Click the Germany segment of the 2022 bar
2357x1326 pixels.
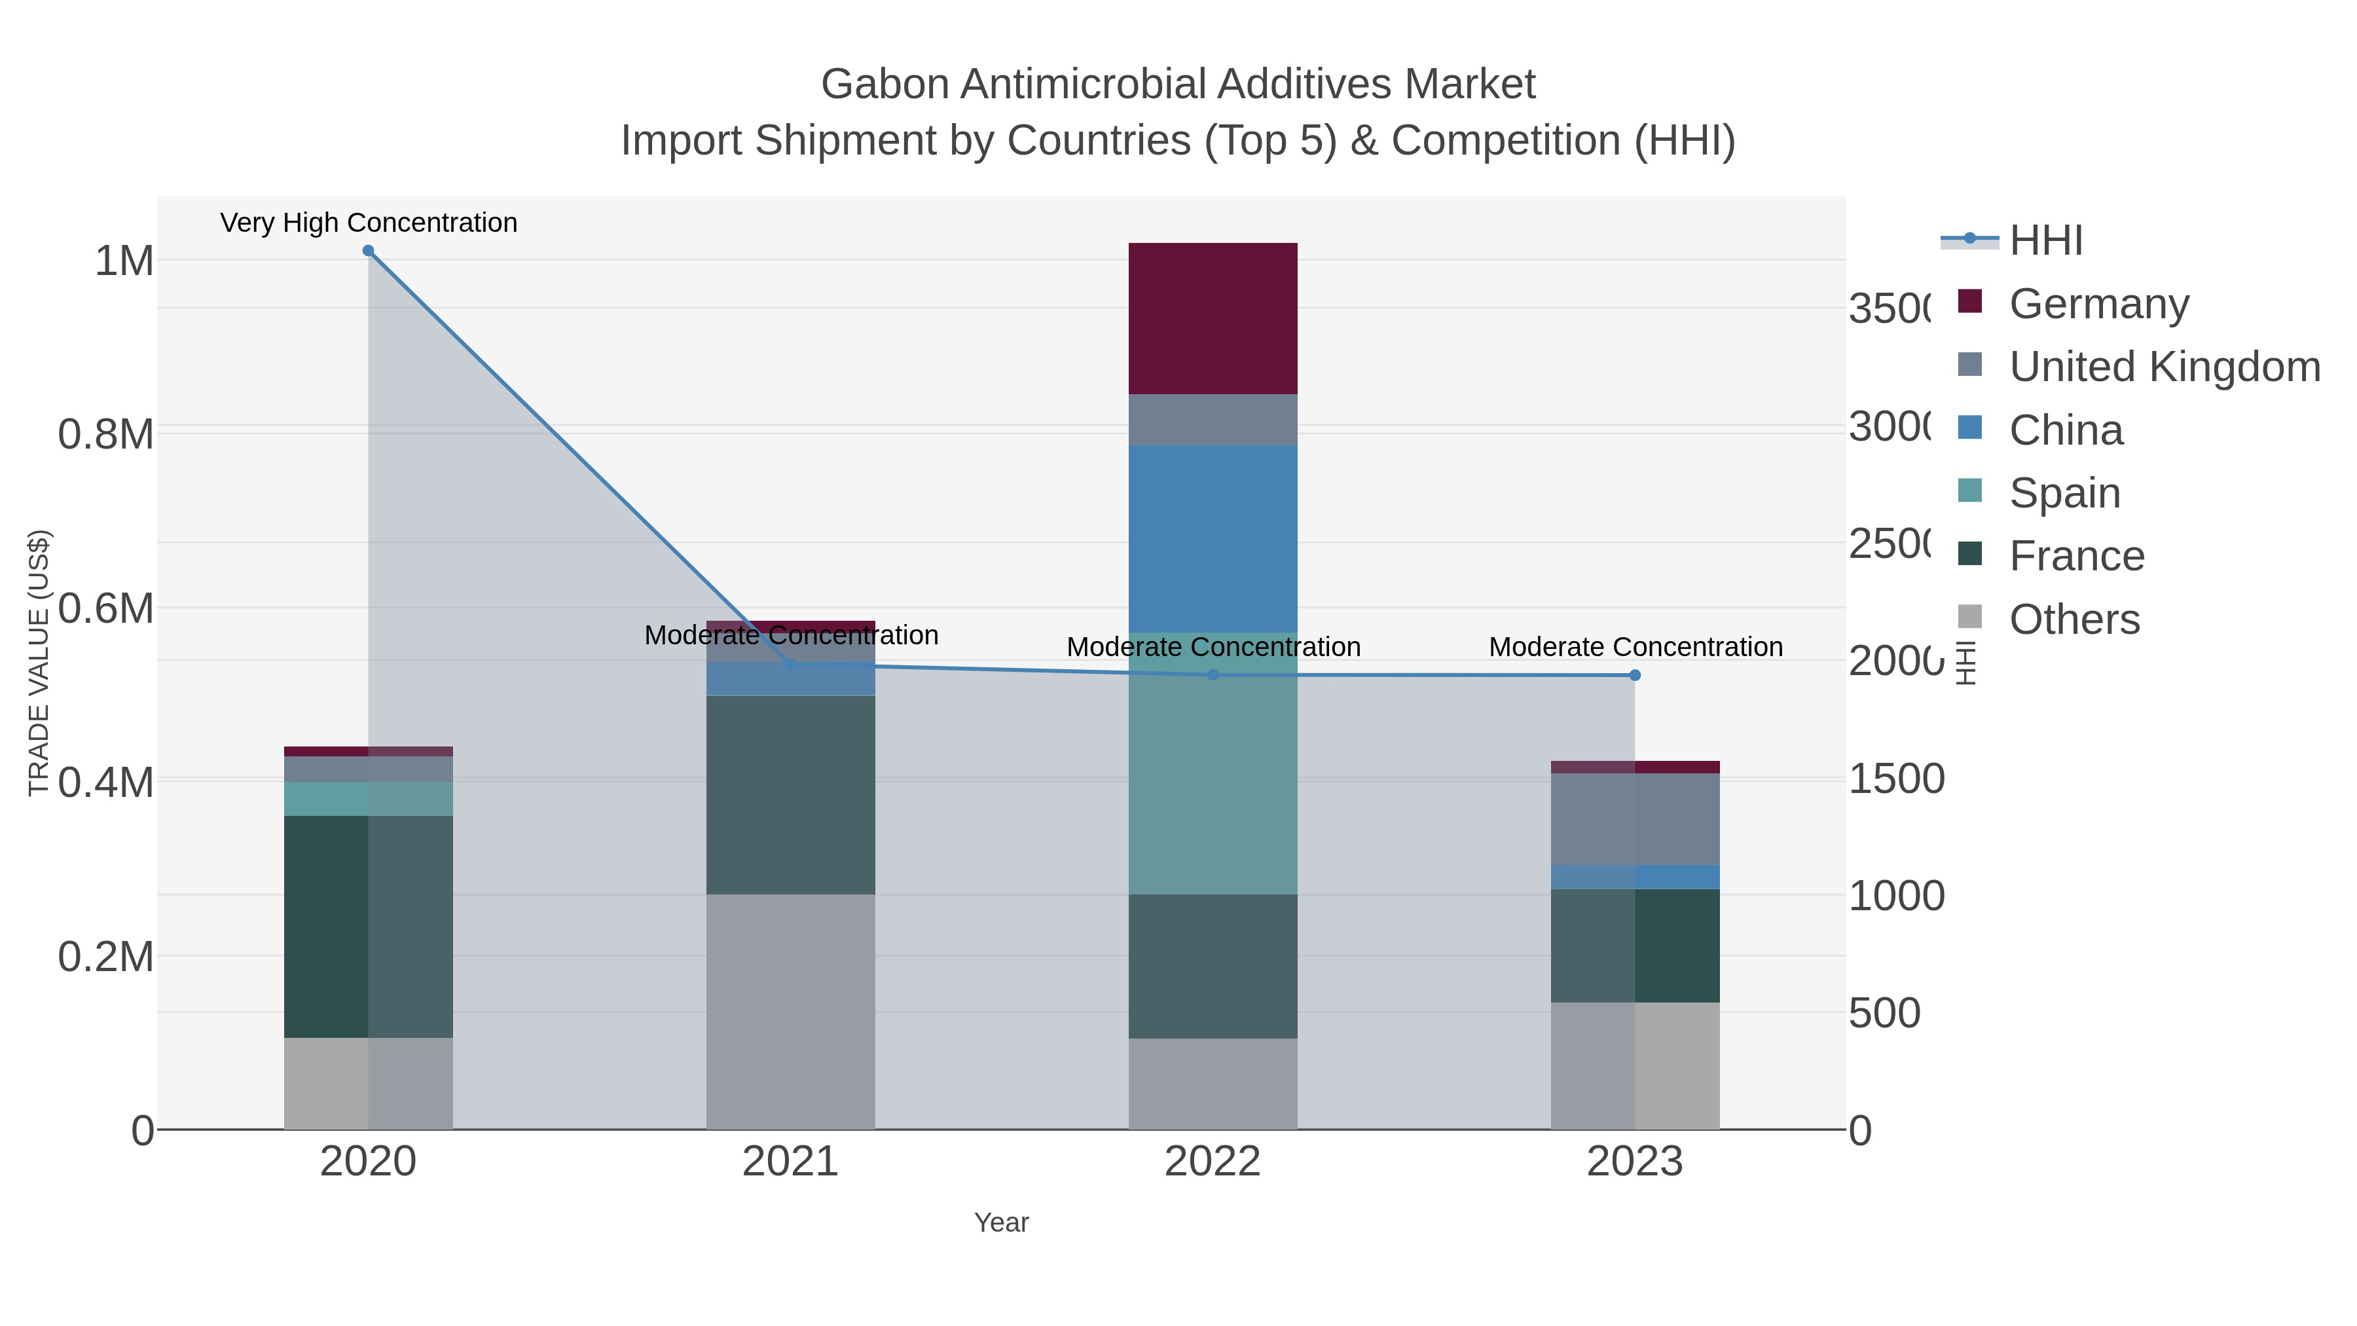pos(1213,318)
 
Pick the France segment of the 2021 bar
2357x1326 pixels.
pos(790,794)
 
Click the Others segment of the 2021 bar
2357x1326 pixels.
pos(790,1011)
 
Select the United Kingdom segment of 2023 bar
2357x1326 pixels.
pos(1635,819)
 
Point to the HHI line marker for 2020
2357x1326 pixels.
pos(368,250)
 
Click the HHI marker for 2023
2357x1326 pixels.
pos(1635,675)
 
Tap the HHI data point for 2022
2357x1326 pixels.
pos(1213,675)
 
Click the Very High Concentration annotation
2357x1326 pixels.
pos(369,223)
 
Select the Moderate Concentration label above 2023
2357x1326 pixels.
pos(1635,647)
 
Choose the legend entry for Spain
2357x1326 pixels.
pos(2064,492)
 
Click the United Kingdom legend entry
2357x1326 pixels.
pos(2164,366)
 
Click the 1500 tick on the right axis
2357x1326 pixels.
pos(1896,779)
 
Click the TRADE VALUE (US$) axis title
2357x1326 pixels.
pos(39,663)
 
